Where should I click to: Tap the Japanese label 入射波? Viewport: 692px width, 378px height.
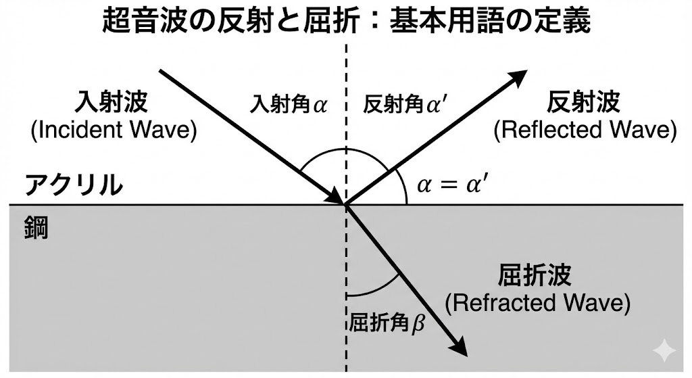click(114, 103)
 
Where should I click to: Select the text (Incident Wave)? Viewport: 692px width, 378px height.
click(114, 130)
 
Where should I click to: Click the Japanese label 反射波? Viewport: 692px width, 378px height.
click(584, 103)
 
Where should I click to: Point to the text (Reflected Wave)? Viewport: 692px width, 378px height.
click(585, 130)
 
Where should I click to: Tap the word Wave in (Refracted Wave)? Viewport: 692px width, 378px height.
click(597, 302)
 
